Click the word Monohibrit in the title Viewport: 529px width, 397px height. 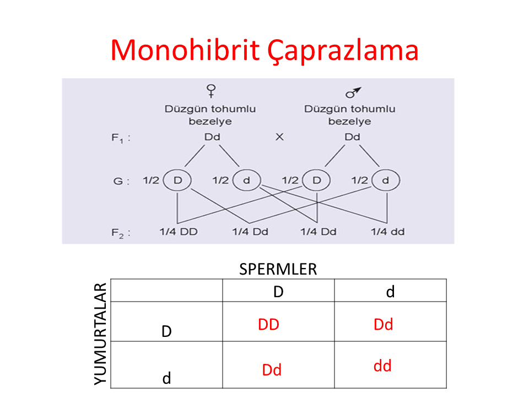[x=185, y=50]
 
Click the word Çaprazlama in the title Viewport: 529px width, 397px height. [x=343, y=51]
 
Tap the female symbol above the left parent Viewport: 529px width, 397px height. [x=211, y=91]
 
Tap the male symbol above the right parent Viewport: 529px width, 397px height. [x=353, y=93]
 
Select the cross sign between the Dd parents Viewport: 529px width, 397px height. [x=280, y=137]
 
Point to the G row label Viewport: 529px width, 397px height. [x=121, y=181]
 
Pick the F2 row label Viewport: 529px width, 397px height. [x=121, y=233]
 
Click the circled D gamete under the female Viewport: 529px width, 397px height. [x=177, y=180]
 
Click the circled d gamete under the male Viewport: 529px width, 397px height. [x=386, y=180]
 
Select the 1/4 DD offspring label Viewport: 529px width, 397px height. [x=179, y=232]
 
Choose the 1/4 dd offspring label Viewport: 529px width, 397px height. [x=387, y=232]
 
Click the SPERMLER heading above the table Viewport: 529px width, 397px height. [x=278, y=270]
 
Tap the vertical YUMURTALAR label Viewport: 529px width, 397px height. [x=100, y=334]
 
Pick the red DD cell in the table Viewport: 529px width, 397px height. [x=268, y=324]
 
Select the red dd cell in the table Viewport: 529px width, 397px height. [x=382, y=366]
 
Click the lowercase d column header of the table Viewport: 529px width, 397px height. [x=390, y=292]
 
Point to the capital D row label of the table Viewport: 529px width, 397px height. [x=166, y=331]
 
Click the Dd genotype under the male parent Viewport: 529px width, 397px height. [x=352, y=137]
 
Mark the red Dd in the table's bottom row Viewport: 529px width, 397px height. [x=272, y=370]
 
